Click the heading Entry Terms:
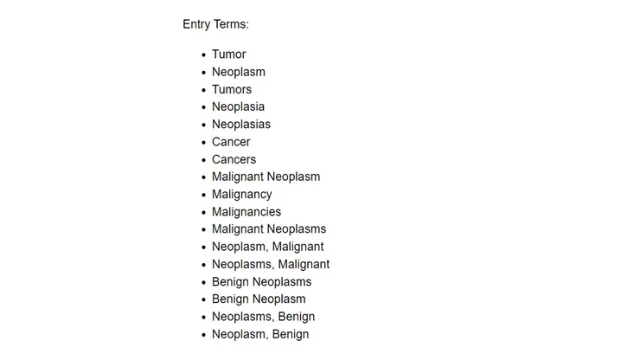(x=215, y=24)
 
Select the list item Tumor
(x=228, y=55)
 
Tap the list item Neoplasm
(x=238, y=72)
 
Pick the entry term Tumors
(x=232, y=89)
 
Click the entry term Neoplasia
(x=238, y=106)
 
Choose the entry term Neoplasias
(x=241, y=125)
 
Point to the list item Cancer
(x=231, y=142)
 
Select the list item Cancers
(x=234, y=159)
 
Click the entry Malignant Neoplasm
(x=266, y=177)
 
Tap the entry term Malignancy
(x=241, y=195)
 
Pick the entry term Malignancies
(x=246, y=212)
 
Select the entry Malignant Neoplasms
(x=269, y=229)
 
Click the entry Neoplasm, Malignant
(x=267, y=247)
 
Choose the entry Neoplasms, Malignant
(x=271, y=264)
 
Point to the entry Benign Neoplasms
(x=261, y=282)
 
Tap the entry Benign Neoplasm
(x=259, y=299)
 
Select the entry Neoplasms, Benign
(x=263, y=317)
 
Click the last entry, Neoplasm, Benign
(x=260, y=334)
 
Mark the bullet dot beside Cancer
(x=202, y=143)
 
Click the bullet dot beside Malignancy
(x=202, y=195)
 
